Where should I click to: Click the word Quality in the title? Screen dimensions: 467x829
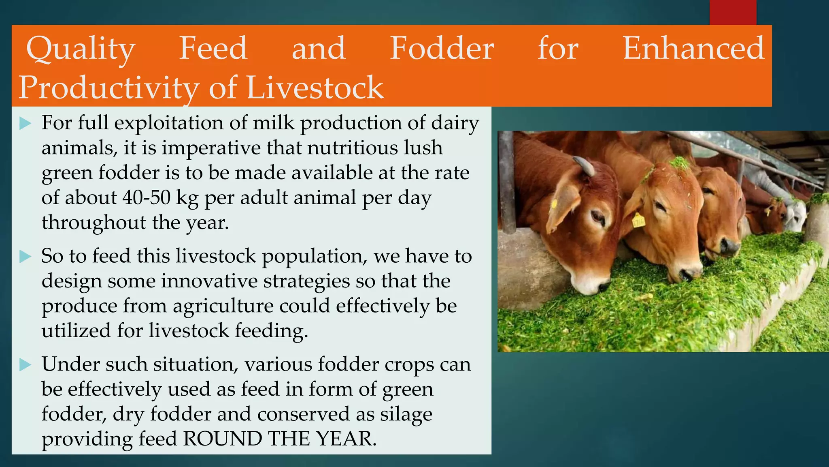(80, 49)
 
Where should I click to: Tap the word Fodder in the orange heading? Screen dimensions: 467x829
(442, 48)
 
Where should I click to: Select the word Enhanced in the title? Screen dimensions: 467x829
(693, 48)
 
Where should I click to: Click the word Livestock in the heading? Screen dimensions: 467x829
(315, 88)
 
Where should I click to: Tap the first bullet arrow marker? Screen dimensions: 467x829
(25, 123)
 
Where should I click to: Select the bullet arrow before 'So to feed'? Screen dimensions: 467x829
(25, 257)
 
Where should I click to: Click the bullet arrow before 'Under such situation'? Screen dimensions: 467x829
(25, 364)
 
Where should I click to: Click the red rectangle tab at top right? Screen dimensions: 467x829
(733, 12)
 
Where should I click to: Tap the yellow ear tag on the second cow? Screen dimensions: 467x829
(638, 220)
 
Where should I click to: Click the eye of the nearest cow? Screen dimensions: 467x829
(596, 217)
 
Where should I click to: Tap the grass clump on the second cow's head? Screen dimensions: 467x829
(679, 163)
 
